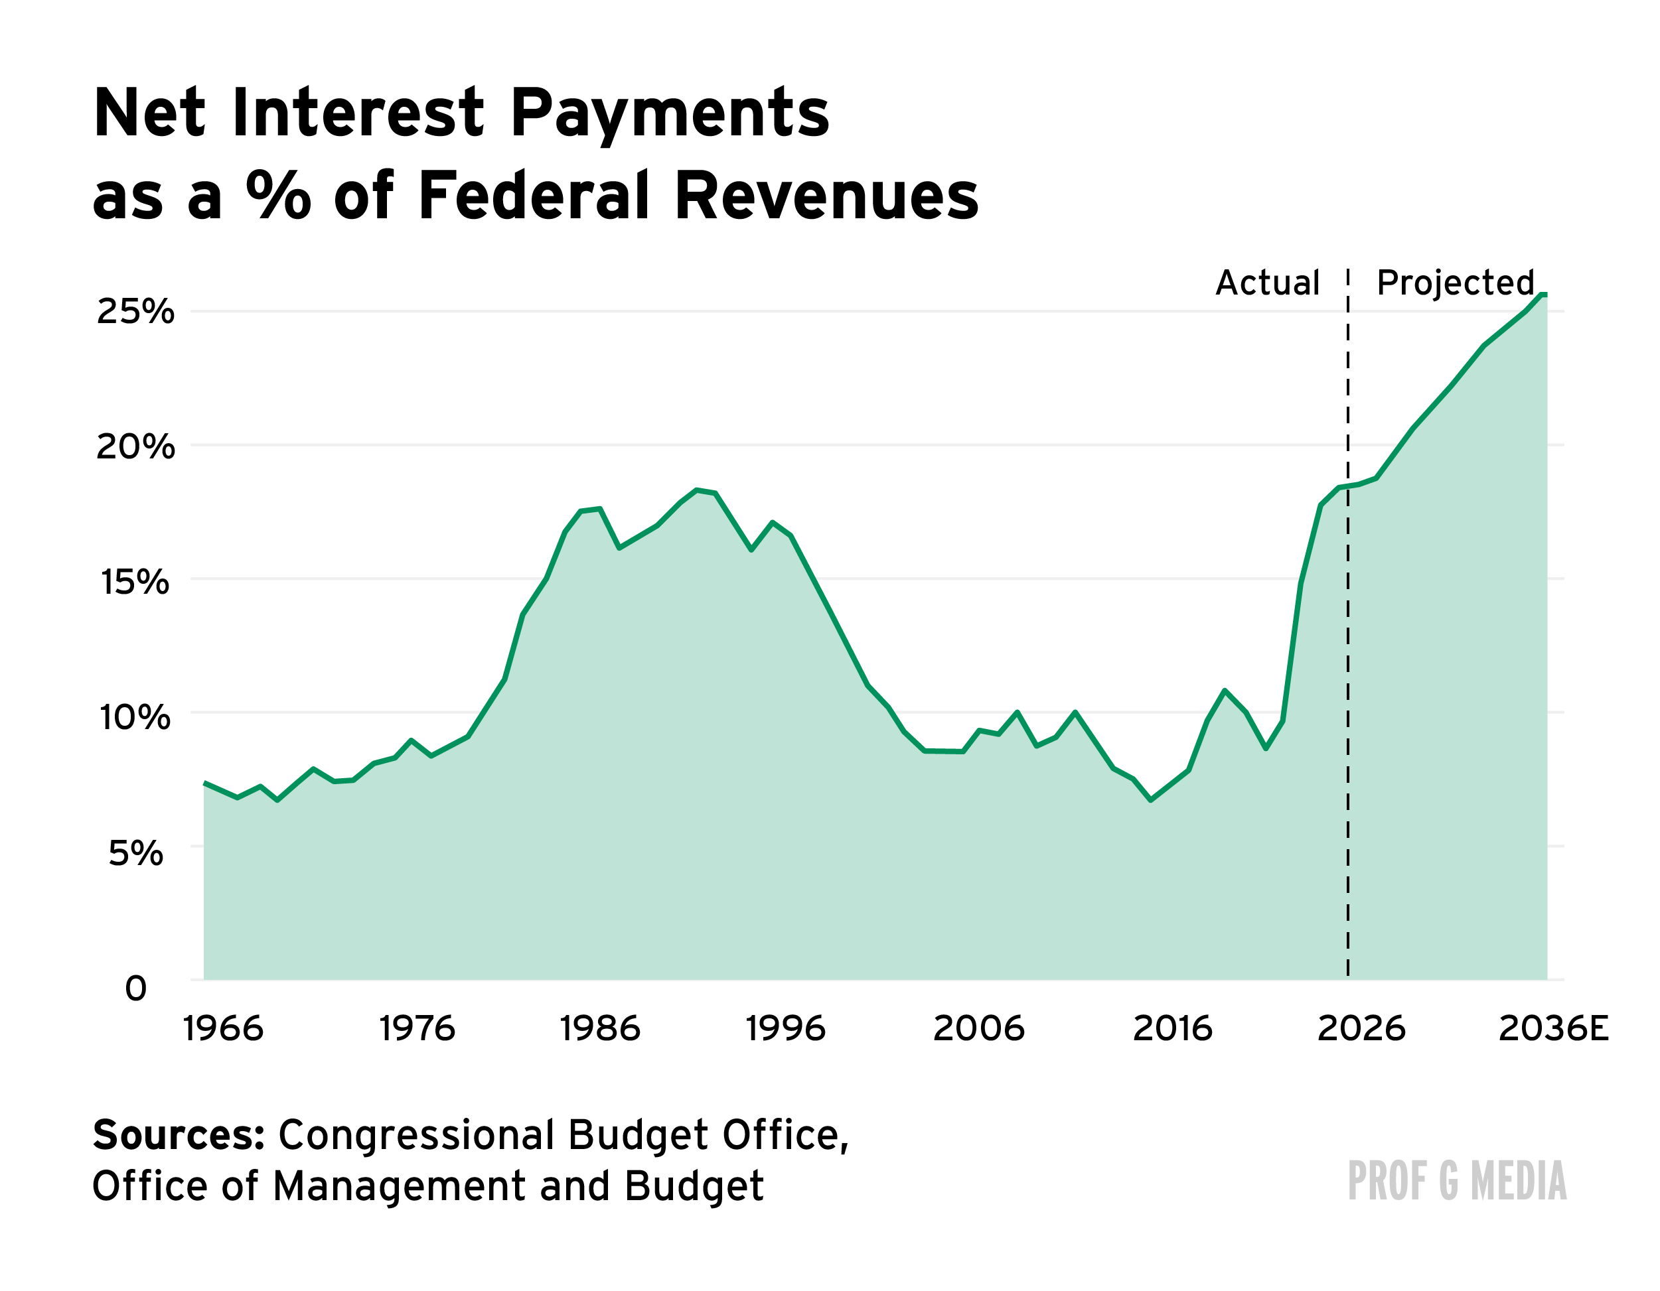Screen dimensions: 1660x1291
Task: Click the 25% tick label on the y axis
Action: click(135, 312)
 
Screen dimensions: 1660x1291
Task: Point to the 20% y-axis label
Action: click(135, 446)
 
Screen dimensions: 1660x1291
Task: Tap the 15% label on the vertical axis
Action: click(135, 582)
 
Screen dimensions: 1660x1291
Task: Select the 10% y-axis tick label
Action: click(135, 717)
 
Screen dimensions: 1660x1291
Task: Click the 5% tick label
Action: click(135, 853)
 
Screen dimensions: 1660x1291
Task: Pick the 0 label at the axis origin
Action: click(135, 988)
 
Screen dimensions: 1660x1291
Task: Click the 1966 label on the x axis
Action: click(224, 1030)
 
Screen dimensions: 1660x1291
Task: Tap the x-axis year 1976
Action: click(417, 1030)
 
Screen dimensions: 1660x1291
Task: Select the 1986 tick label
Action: click(601, 1030)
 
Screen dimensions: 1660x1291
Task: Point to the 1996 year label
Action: click(786, 1030)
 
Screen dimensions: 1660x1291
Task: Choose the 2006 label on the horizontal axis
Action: click(979, 1030)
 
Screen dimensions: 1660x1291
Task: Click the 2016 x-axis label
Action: click(1173, 1030)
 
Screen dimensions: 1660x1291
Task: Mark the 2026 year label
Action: click(1361, 1030)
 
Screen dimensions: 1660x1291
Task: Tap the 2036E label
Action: click(1554, 1030)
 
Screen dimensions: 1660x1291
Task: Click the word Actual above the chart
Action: click(1268, 283)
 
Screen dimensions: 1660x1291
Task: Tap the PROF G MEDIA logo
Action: click(1457, 1181)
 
